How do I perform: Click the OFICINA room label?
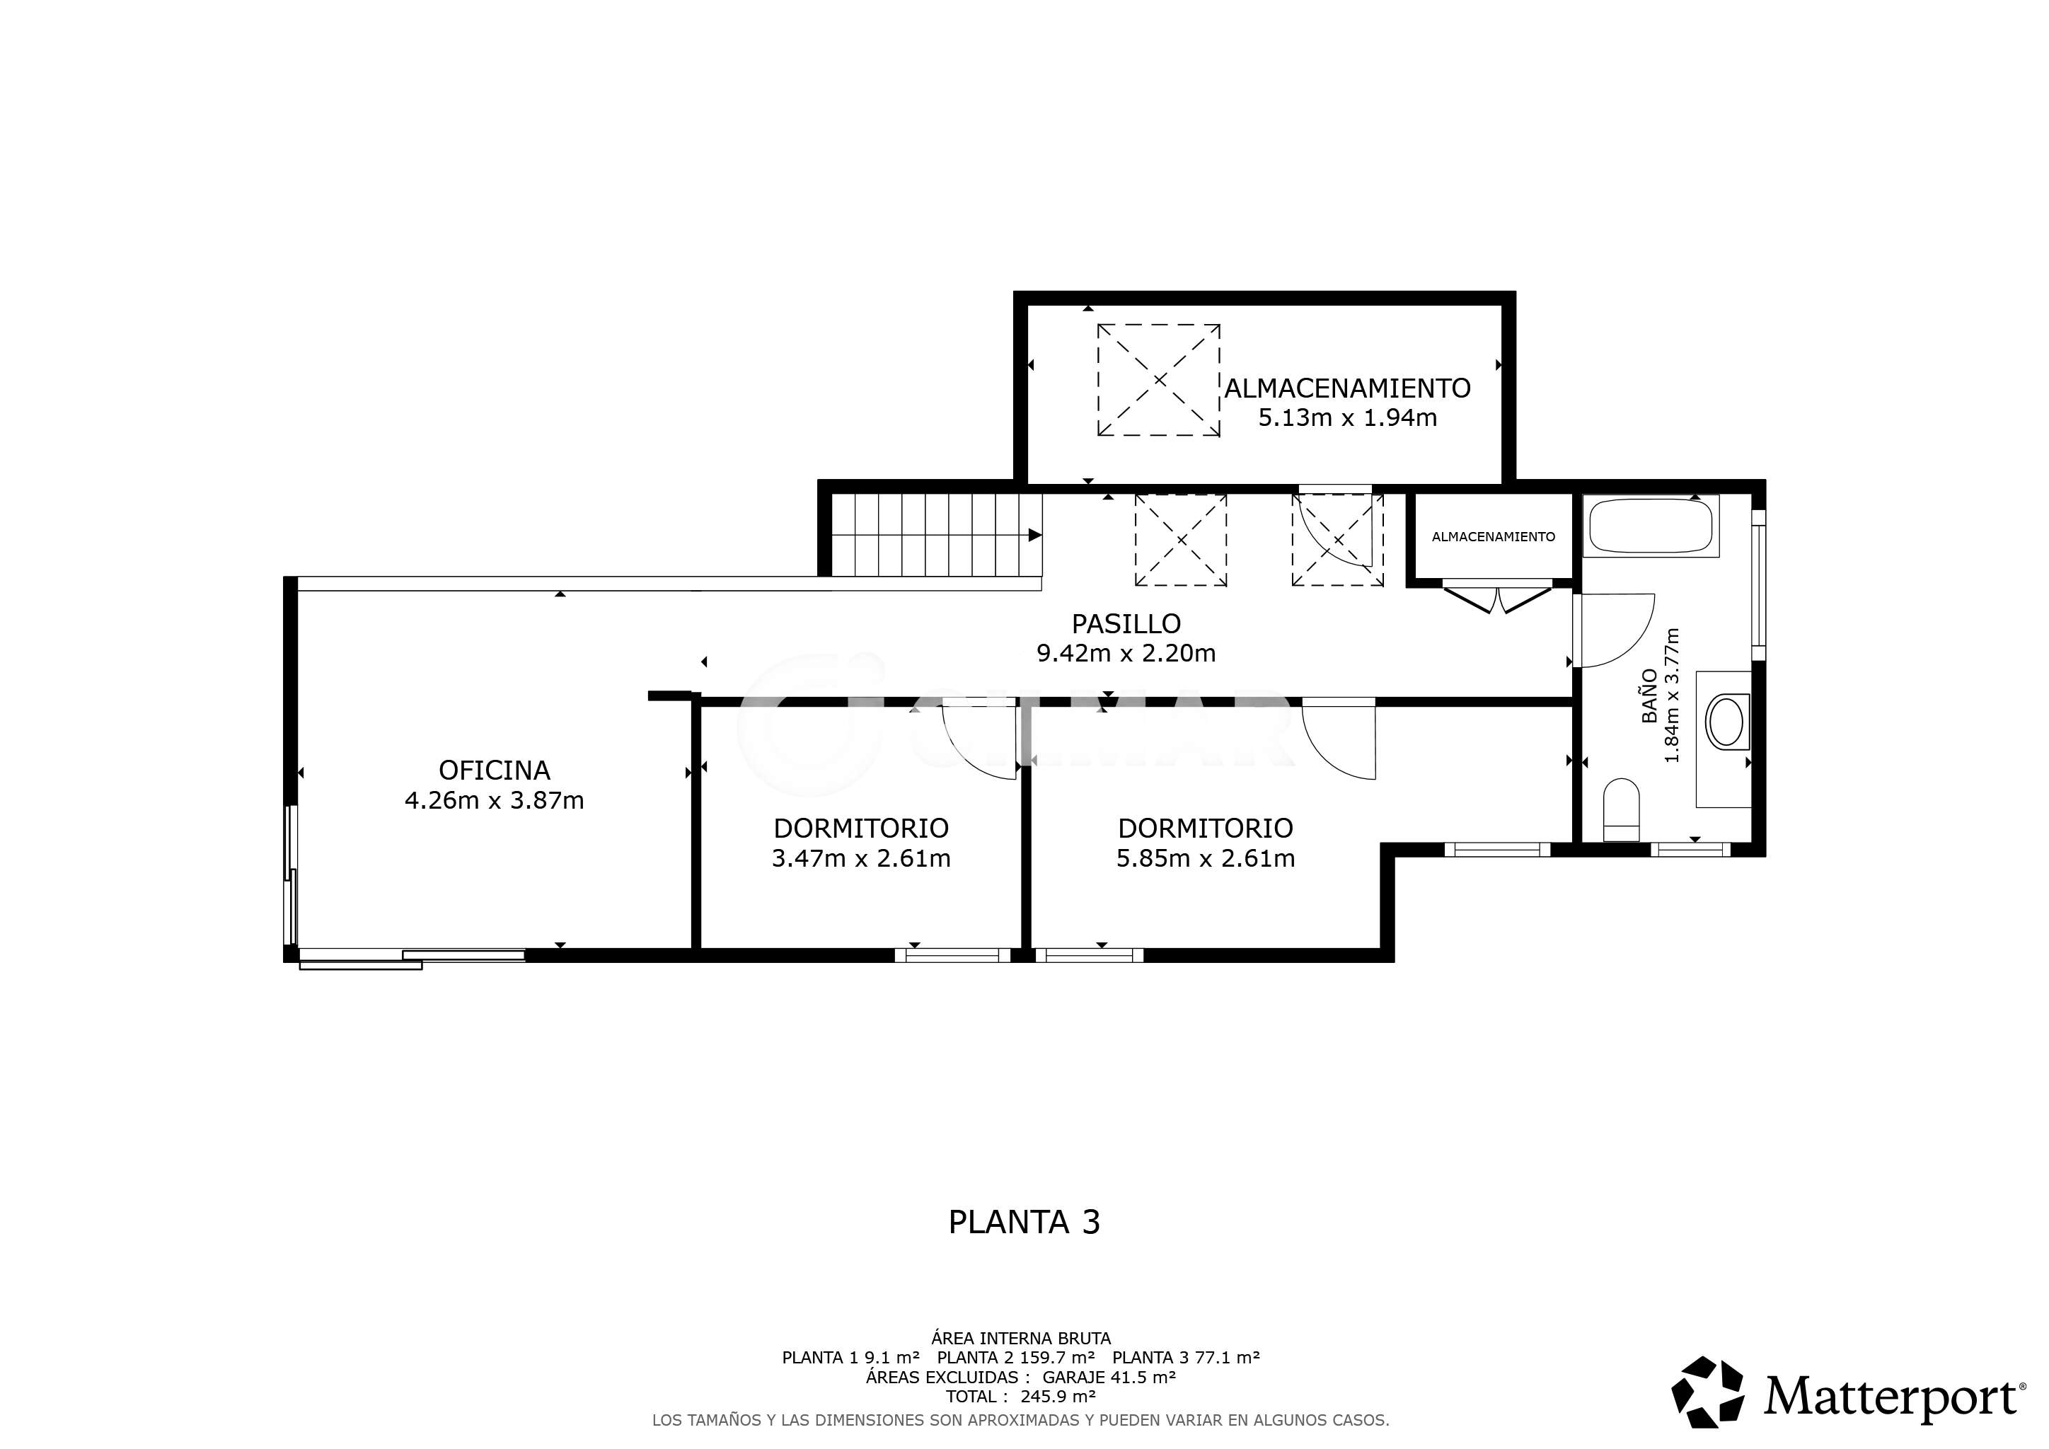(495, 770)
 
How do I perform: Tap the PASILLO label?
(1126, 623)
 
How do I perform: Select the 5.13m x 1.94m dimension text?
(1348, 417)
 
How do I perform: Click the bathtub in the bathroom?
(1651, 526)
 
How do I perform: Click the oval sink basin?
(1726, 722)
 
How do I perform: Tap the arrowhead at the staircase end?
(1035, 536)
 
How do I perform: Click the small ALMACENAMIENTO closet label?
(1493, 537)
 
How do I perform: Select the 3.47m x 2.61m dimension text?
(861, 858)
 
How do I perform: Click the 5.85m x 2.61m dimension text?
(1206, 858)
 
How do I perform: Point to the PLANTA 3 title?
(1024, 1221)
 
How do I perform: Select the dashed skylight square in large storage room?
(1158, 380)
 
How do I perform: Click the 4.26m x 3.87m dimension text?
(495, 800)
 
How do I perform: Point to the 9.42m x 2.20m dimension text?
(1126, 654)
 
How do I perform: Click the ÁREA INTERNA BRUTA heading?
(1021, 1339)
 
